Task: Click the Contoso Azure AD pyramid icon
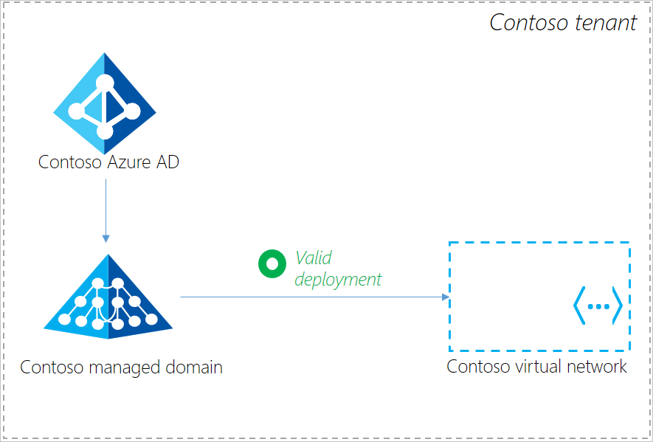tap(104, 99)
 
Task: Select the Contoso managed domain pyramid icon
tap(108, 303)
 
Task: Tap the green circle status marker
tap(272, 263)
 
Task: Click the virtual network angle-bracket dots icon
tap(598, 305)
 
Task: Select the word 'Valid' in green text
tap(314, 258)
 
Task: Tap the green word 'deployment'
tap(339, 279)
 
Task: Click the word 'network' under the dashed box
tap(595, 366)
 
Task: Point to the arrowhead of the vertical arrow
tap(106, 238)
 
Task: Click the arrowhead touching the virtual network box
tap(445, 297)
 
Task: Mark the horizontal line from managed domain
tap(310, 297)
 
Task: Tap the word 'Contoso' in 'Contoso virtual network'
tap(477, 366)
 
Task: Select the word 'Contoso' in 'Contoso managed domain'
tap(50, 367)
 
